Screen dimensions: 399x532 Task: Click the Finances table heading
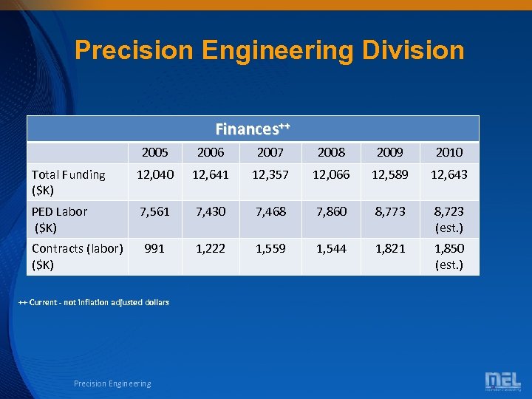coord(253,129)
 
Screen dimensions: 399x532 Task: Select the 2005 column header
coord(154,152)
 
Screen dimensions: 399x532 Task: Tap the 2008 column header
coord(331,152)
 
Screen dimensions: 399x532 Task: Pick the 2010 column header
coord(449,152)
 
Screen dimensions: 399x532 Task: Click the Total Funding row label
coord(68,182)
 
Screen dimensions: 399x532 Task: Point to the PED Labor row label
coord(59,219)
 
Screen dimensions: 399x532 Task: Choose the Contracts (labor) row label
coord(77,256)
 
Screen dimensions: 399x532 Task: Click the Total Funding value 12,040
coord(154,174)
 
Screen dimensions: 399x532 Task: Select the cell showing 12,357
coord(270,174)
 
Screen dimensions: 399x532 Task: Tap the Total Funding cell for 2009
coord(390,174)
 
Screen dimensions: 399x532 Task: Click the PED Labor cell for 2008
coord(331,211)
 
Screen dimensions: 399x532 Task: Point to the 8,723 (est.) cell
coord(449,219)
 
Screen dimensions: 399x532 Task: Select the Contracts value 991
coord(154,248)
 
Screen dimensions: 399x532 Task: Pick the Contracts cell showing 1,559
coord(270,248)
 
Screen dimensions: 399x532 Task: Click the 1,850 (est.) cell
coord(449,256)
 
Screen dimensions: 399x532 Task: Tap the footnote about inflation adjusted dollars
coord(94,302)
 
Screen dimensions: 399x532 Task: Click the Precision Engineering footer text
coord(112,383)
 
